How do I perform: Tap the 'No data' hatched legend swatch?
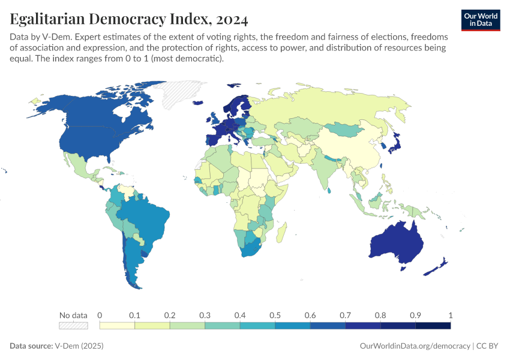pyautogui.click(x=73, y=326)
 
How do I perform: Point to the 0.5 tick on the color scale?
pyautogui.click(x=275, y=316)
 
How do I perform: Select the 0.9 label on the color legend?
pyautogui.click(x=415, y=316)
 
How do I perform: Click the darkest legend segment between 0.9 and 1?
pyautogui.click(x=433, y=326)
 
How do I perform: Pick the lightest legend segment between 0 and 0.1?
pyautogui.click(x=117, y=326)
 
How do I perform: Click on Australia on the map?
pyautogui.click(x=396, y=243)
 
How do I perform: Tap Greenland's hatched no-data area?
pyautogui.click(x=180, y=93)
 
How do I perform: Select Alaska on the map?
pyautogui.click(x=51, y=105)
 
